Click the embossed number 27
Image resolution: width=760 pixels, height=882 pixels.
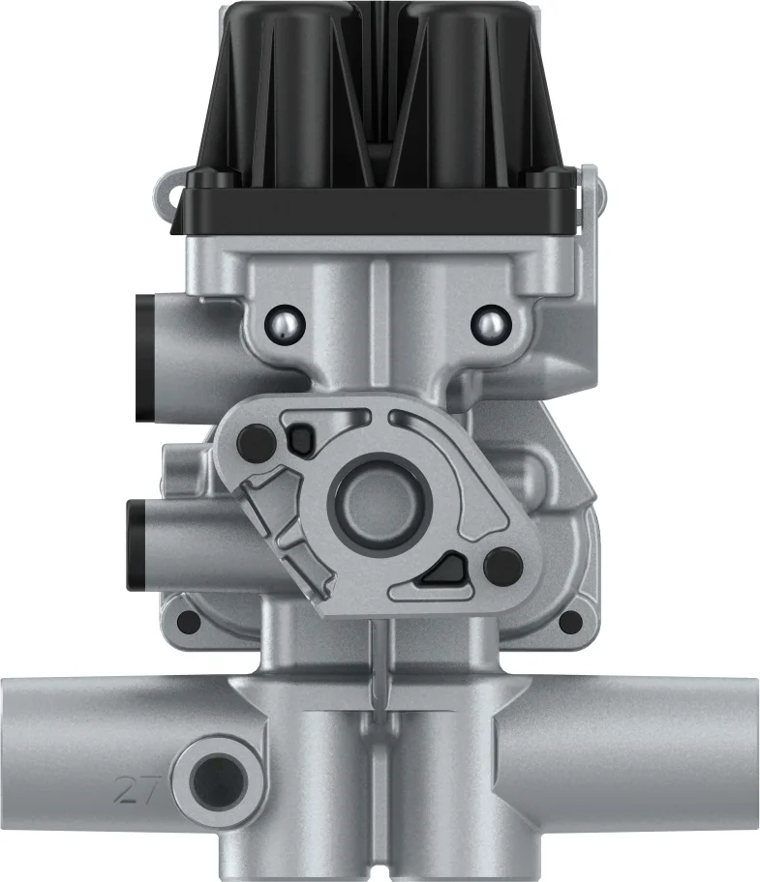[137, 789]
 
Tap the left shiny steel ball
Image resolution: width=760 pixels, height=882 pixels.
[285, 323]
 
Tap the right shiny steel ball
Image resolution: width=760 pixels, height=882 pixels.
[491, 323]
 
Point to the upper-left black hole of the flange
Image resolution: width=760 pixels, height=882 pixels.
[257, 443]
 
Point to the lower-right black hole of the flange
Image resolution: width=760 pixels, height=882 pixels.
[503, 566]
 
